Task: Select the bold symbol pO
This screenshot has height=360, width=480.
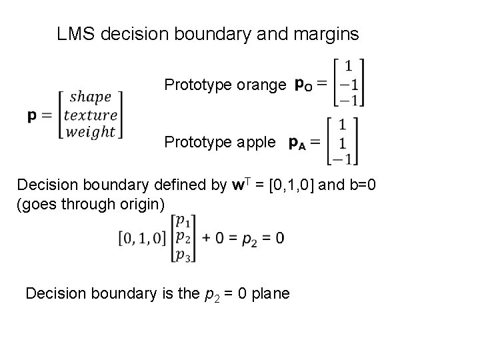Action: pyautogui.click(x=303, y=85)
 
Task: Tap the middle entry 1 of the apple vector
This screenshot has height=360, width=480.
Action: pyautogui.click(x=344, y=141)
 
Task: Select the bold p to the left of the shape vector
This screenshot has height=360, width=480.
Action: pyautogui.click(x=32, y=115)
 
